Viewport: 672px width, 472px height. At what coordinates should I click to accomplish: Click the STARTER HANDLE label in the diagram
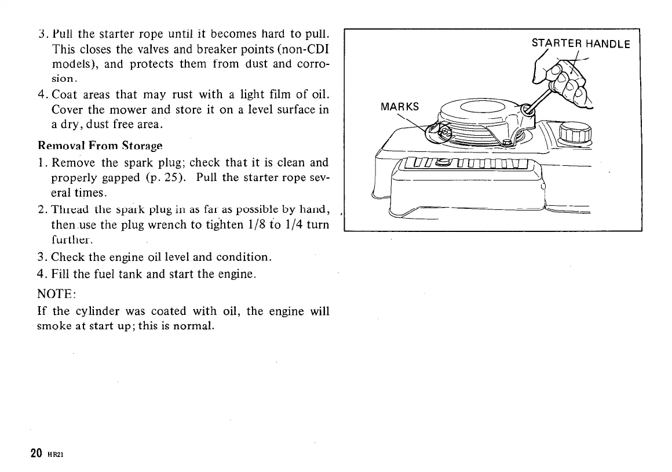(x=580, y=43)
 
